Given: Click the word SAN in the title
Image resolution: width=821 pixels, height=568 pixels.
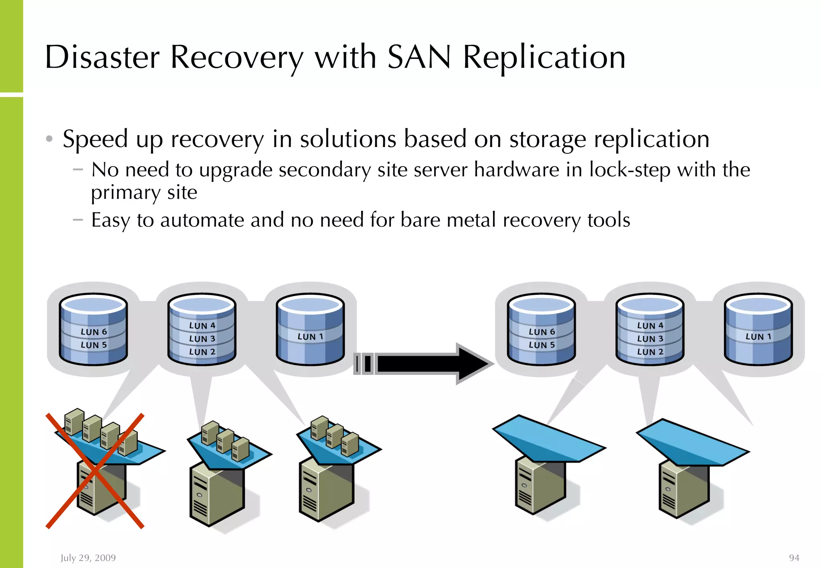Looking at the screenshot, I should (419, 57).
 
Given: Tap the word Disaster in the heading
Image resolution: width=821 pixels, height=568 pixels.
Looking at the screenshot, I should (102, 57).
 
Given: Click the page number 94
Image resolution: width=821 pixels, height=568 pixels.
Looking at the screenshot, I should (794, 558).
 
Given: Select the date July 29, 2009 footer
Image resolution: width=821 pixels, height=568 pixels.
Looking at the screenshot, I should (88, 558).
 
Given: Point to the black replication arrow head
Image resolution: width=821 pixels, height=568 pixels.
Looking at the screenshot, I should (475, 364).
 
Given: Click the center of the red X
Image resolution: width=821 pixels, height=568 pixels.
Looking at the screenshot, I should (95, 471).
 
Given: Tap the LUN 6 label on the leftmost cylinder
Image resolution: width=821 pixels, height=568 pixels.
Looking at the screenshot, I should (94, 332).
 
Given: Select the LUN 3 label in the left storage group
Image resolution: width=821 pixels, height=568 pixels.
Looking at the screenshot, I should (202, 339).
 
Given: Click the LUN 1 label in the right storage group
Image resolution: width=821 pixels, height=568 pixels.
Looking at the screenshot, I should (758, 337).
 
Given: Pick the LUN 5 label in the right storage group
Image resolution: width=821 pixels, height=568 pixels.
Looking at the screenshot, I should (542, 345).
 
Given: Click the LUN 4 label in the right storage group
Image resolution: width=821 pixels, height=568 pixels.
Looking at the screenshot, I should (650, 326).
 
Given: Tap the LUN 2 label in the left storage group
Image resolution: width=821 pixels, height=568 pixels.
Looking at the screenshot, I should (202, 352).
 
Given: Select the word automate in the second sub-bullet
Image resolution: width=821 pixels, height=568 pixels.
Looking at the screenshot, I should (202, 220).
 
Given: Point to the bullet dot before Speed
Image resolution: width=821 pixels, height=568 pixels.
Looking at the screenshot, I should (49, 139).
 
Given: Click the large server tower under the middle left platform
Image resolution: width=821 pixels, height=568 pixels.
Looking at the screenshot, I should (216, 495).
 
